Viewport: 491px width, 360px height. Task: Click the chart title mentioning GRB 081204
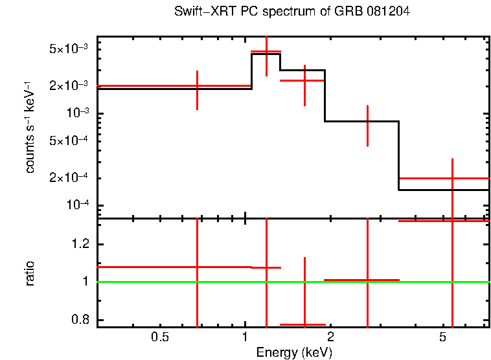[x=292, y=12]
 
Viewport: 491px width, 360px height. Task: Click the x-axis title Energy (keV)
[x=294, y=352]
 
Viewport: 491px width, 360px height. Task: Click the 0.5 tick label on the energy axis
[x=159, y=337]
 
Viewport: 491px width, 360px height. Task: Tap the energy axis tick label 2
[x=330, y=337]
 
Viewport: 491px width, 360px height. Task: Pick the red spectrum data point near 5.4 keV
[x=452, y=178]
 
